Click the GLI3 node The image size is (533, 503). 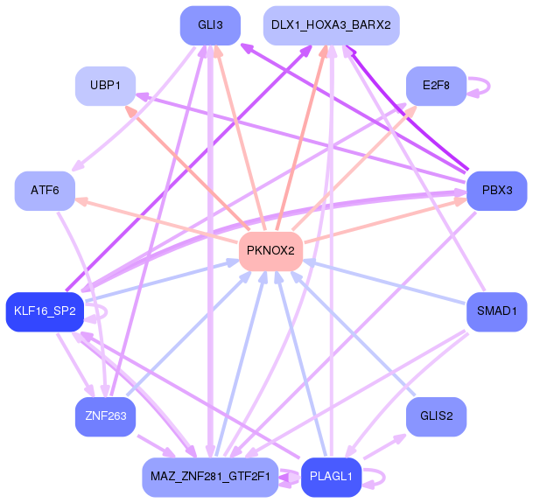coord(209,25)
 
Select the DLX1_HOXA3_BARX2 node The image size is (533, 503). coord(331,25)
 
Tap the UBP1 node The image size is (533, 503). coord(105,86)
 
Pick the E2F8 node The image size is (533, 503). coord(435,86)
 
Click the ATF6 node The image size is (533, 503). coord(45,191)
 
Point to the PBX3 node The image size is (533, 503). coord(496,191)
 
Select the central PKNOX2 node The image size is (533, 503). coord(270,251)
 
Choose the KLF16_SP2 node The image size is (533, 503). coord(45,311)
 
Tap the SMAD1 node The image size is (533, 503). coord(496,311)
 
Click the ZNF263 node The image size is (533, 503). coord(105,416)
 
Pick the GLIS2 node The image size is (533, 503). coord(435,416)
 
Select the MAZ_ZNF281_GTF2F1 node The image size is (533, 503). coord(210,477)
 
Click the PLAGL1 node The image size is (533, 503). coord(331,477)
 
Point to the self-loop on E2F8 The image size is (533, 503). coord(480,86)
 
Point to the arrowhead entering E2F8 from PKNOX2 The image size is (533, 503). coord(413,109)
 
